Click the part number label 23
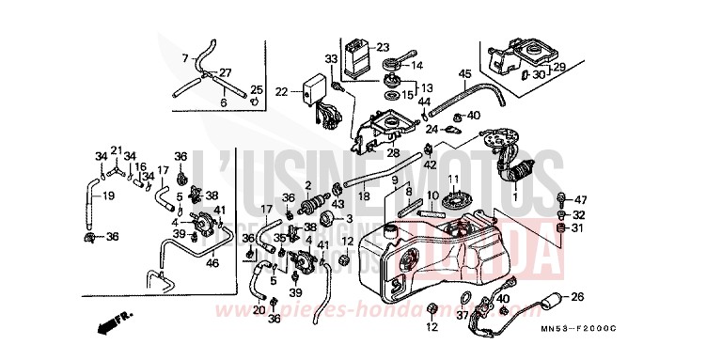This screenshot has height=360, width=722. click(383, 47)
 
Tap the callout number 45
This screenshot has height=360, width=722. click(464, 74)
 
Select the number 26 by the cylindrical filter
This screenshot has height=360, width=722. click(577, 298)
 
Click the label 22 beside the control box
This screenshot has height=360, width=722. click(281, 91)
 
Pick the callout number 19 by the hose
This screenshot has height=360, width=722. click(108, 196)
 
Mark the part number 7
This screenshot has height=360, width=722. click(185, 57)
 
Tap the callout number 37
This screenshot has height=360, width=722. click(462, 317)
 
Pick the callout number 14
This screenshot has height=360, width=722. click(418, 65)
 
